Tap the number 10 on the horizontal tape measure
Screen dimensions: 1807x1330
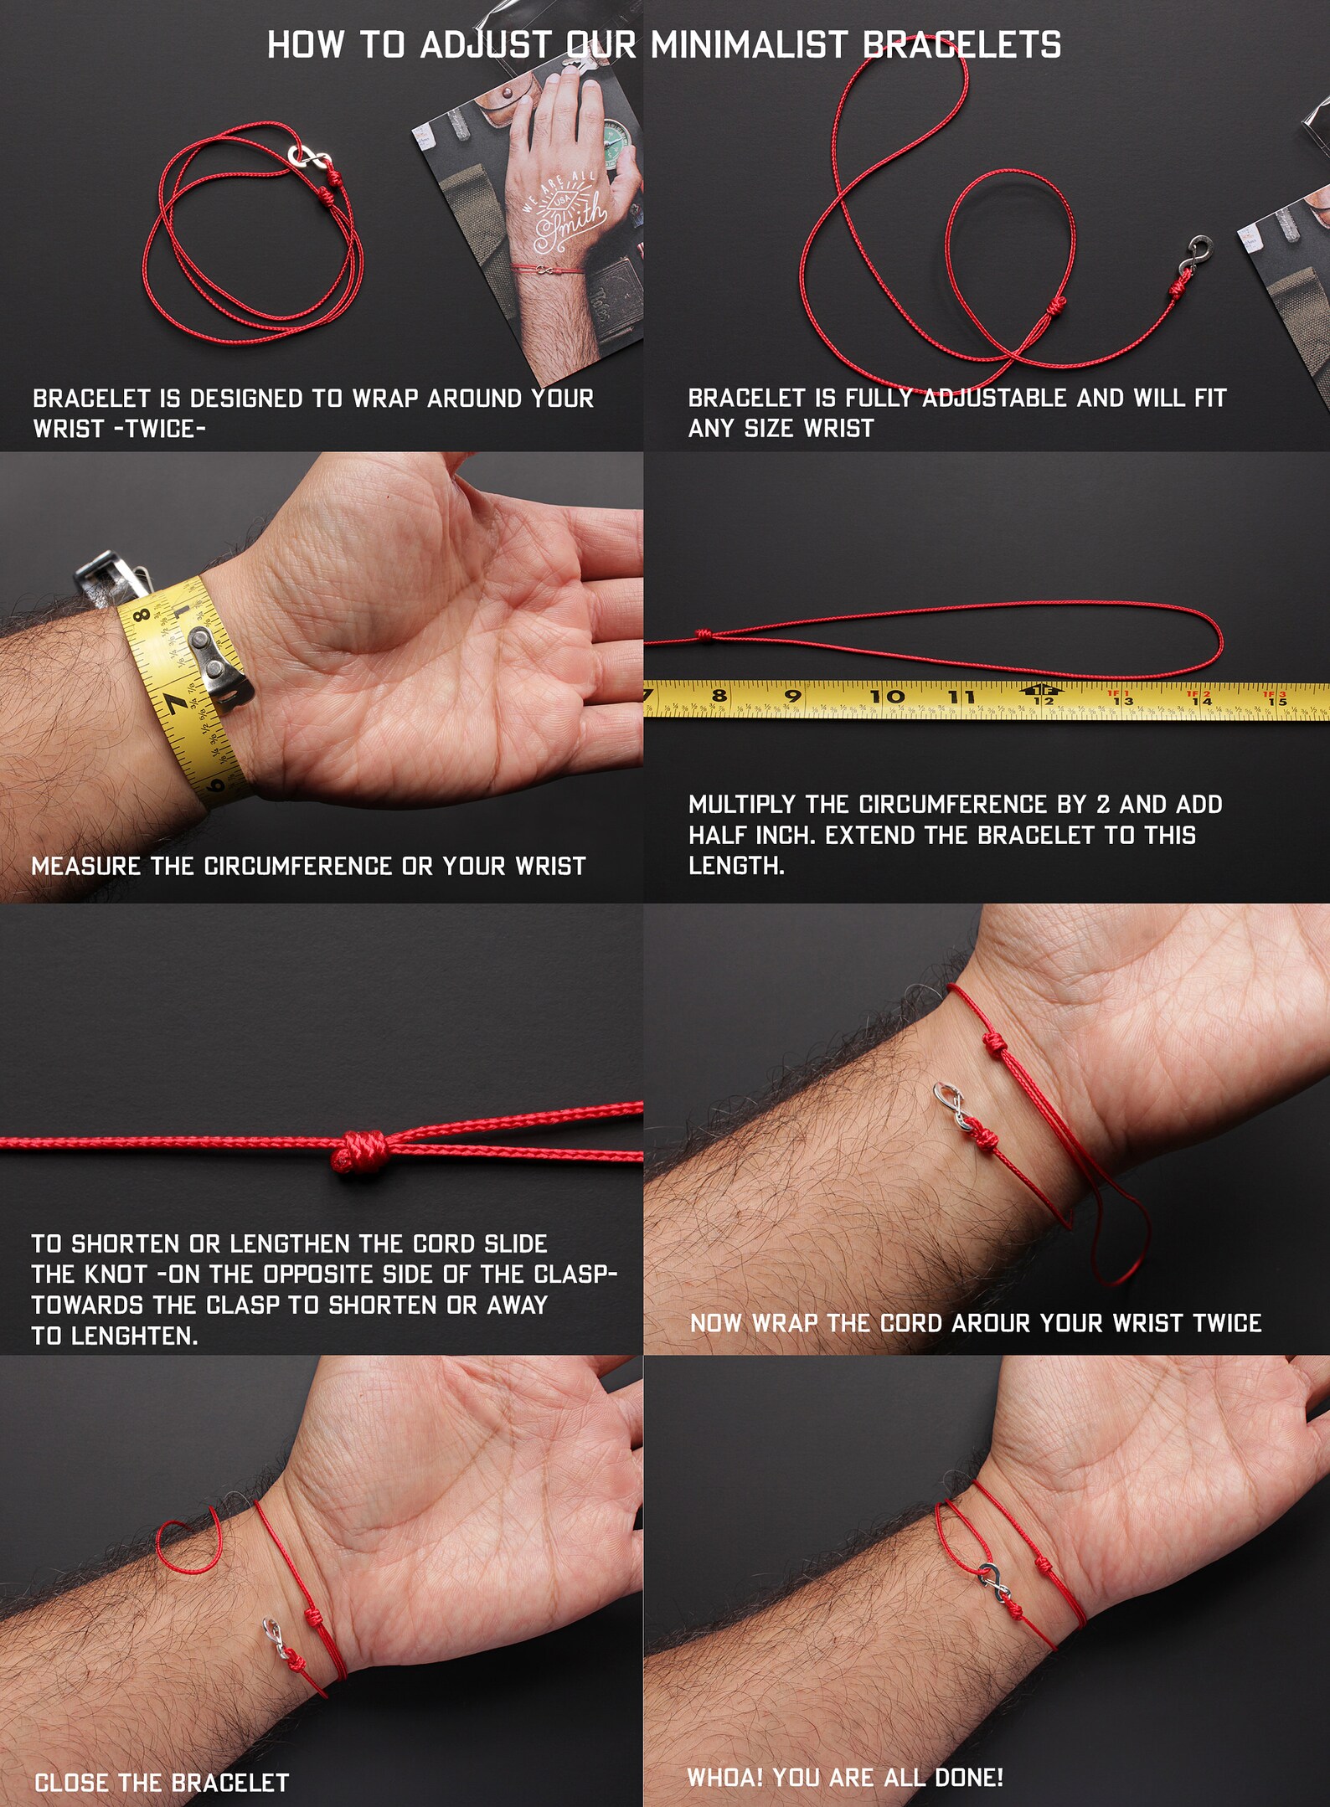(x=886, y=696)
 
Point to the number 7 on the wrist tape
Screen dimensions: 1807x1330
(x=174, y=704)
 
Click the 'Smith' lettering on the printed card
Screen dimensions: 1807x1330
(x=570, y=223)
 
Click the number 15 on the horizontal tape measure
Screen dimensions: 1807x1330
(x=1276, y=700)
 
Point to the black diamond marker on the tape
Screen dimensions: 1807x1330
(x=1043, y=690)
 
